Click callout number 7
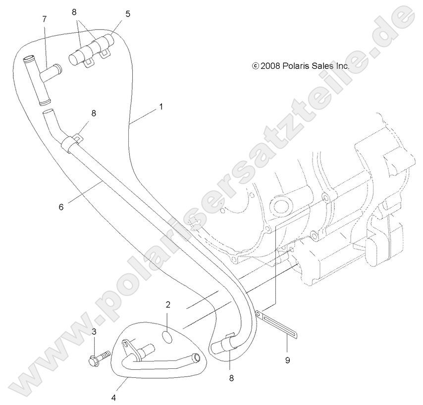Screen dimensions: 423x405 pos(45,19)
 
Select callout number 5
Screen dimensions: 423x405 pos(128,14)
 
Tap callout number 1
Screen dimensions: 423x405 pos(161,107)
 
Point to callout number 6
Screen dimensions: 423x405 pos(61,207)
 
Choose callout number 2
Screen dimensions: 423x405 pos(168,304)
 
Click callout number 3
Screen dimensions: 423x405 pos(94,332)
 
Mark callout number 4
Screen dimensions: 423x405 pos(113,398)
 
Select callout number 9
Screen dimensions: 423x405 pos(288,360)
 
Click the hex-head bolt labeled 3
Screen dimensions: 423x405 pos(100,357)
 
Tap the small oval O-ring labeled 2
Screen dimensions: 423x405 pos(168,338)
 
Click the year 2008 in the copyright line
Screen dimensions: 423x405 pos(270,66)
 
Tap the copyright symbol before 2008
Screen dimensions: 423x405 pos(255,66)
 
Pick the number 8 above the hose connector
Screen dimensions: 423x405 pos(74,12)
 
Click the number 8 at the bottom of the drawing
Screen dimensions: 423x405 pos(231,378)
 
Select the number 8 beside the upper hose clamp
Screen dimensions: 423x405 pos(94,113)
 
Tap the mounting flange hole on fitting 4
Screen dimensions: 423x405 pos(125,344)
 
